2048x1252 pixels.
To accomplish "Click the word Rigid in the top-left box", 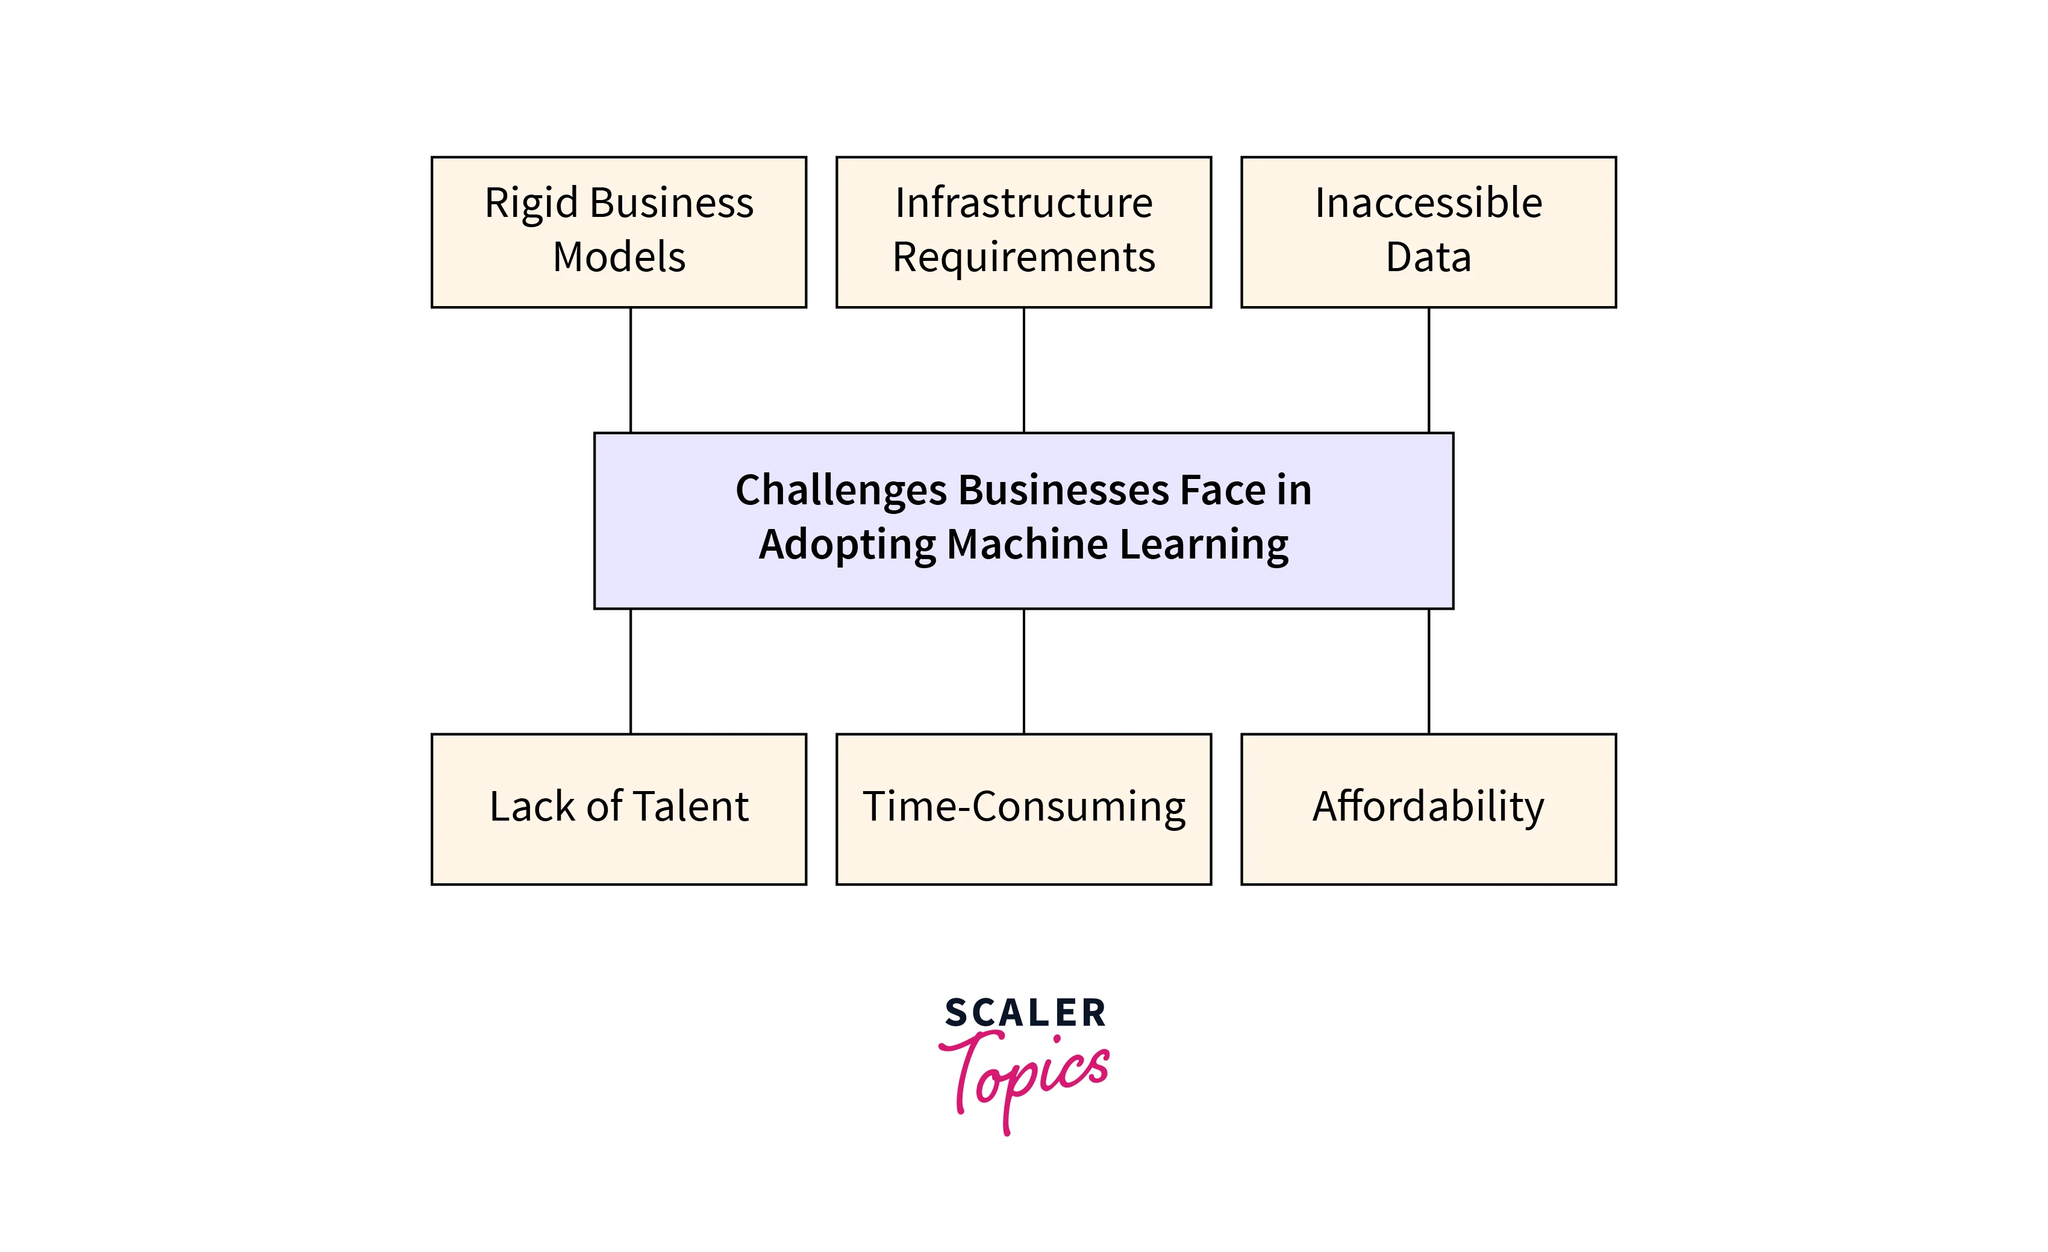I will pos(531,204).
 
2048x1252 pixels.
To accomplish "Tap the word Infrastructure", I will pos(1023,204).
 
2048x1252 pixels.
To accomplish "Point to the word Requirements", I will pos(1023,258).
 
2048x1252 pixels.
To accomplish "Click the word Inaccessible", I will pos(1428,204).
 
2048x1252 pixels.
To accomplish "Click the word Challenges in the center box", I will pos(841,490).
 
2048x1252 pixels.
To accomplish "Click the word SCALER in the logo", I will pos(1024,1013).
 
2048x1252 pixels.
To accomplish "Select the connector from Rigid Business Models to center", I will pos(630,370).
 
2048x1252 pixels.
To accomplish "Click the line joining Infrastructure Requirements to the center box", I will pos(1023,370).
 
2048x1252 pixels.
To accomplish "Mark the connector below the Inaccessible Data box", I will pos(1428,370).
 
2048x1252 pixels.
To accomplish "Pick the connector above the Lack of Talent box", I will pos(630,671).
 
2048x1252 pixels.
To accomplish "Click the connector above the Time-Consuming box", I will pos(1023,671).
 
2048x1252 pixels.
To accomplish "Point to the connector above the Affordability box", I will pos(1428,671).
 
